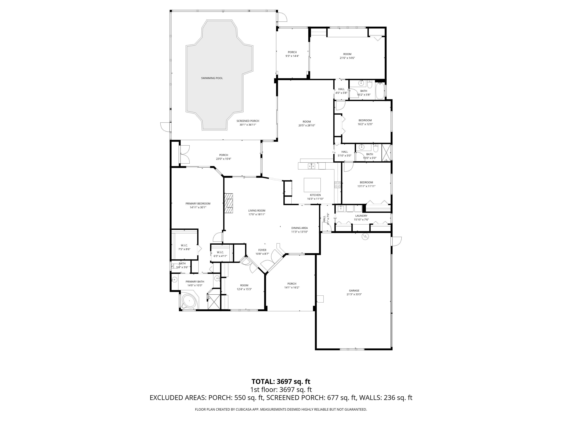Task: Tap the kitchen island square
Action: pyautogui.click(x=312, y=185)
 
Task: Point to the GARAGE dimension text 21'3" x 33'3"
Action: pyautogui.click(x=354, y=294)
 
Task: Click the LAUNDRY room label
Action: pyautogui.click(x=361, y=216)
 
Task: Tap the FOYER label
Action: pyautogui.click(x=262, y=250)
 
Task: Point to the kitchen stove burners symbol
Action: pyautogui.click(x=337, y=185)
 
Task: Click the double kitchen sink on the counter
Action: pyautogui.click(x=311, y=166)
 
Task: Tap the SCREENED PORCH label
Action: pyautogui.click(x=248, y=121)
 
